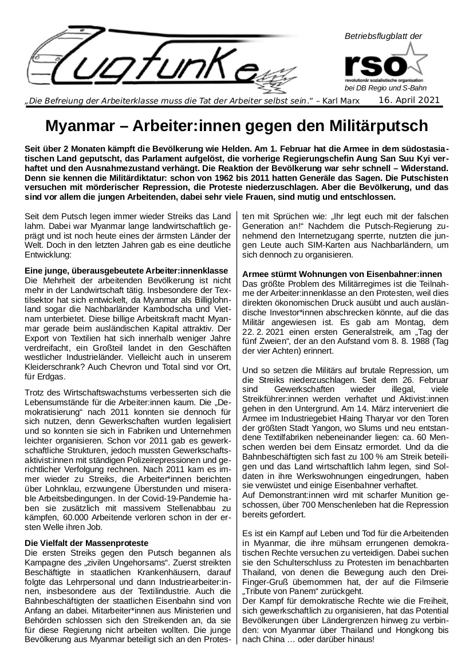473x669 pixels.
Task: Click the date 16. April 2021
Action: click(409, 101)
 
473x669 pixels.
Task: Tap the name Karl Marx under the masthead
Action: click(345, 102)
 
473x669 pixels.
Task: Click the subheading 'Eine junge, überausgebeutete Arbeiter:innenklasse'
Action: click(127, 270)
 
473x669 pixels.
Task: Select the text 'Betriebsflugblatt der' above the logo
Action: click(383, 36)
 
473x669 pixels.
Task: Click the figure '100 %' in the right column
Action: click(365, 456)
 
